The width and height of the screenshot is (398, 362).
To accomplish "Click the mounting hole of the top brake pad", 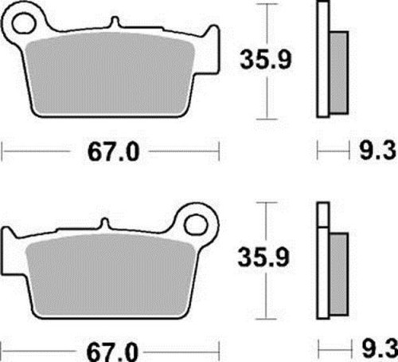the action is (23, 22).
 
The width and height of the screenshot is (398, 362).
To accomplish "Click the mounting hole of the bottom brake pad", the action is (196, 226).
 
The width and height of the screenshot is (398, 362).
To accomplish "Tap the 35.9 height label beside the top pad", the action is (266, 60).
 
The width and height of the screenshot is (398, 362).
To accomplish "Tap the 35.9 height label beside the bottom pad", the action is (263, 257).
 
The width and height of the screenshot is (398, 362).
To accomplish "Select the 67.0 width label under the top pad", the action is (113, 152).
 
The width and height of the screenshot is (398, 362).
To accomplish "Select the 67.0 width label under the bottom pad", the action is (112, 352).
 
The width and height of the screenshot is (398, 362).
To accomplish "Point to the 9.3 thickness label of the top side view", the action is (377, 151).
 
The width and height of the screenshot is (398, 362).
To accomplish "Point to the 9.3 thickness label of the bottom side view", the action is (380, 348).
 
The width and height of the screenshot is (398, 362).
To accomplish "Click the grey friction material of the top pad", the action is (110, 74).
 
